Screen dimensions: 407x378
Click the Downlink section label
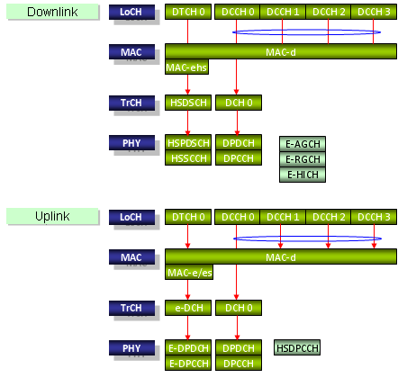(x=52, y=12)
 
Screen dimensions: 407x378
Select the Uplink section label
(x=52, y=216)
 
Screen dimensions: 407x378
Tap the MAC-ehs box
(x=186, y=67)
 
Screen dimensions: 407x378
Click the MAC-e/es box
(x=189, y=272)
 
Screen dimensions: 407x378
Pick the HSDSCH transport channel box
(x=188, y=103)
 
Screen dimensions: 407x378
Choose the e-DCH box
(x=188, y=308)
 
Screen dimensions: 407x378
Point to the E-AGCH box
(x=303, y=144)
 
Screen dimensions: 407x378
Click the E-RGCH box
(x=303, y=159)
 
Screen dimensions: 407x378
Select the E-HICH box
(x=303, y=175)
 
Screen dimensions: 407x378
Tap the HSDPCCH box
(x=297, y=347)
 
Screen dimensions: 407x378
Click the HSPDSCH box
(x=188, y=142)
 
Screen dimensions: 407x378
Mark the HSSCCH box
(x=188, y=157)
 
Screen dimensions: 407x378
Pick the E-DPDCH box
(x=188, y=347)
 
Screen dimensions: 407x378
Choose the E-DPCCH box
(x=188, y=363)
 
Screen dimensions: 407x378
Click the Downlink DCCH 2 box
(x=329, y=12)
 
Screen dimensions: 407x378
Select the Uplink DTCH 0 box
(x=188, y=217)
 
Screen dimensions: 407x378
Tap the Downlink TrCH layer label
(x=132, y=103)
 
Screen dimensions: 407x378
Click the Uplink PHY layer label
(x=132, y=348)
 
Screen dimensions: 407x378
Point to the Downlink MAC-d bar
(x=281, y=51)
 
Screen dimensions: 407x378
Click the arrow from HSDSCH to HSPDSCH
(x=188, y=123)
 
